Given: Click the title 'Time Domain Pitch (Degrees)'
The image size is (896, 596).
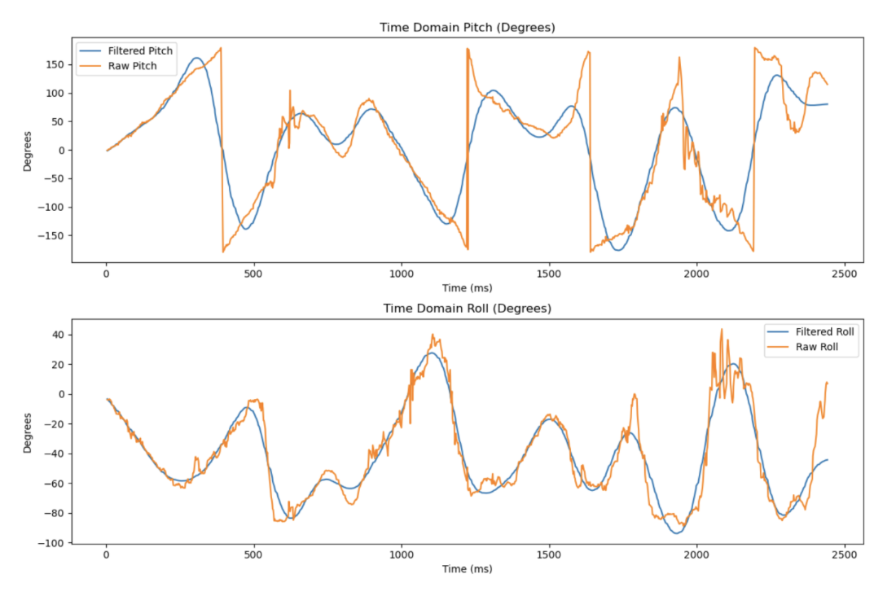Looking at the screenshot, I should [x=467, y=27].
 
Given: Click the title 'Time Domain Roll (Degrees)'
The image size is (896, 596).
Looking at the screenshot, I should [x=467, y=309].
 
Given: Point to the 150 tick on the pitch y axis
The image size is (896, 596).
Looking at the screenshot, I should [x=57, y=64].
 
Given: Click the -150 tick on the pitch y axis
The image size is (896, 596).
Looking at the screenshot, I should [x=53, y=235].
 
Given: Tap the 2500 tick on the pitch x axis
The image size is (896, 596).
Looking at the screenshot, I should [x=844, y=274].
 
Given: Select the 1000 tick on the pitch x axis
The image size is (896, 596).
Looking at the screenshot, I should [x=402, y=274].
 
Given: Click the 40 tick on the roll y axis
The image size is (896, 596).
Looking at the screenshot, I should [x=60, y=335].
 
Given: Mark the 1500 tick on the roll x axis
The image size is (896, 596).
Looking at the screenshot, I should [x=549, y=554].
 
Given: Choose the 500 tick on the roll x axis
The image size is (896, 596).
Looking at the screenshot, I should [x=254, y=554].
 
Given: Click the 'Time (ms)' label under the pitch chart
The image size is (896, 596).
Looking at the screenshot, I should [x=467, y=287].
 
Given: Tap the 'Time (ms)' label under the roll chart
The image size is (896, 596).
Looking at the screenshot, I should [x=467, y=568].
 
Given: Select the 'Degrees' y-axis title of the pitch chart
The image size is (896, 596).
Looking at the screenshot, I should [x=27, y=150].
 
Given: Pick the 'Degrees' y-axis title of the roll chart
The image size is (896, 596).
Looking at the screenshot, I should [x=27, y=432].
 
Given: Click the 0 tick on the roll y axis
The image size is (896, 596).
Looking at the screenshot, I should [x=63, y=394].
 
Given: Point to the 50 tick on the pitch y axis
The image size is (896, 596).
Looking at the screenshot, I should [x=59, y=121].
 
